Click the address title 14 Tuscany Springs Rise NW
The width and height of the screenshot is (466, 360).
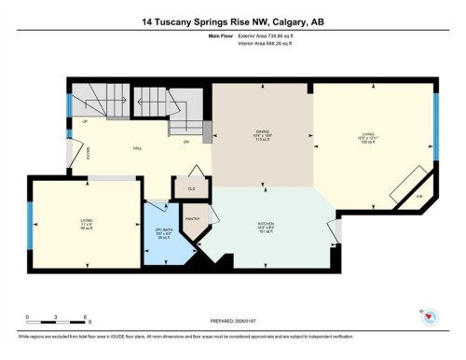[x=233, y=21]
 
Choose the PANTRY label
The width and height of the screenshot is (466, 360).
[x=193, y=218]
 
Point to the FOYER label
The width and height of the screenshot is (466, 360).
[x=89, y=153]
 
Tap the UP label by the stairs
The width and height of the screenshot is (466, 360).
[x=85, y=121]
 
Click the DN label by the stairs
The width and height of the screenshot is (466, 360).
[x=185, y=142]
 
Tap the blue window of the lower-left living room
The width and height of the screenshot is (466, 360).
[x=31, y=225]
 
